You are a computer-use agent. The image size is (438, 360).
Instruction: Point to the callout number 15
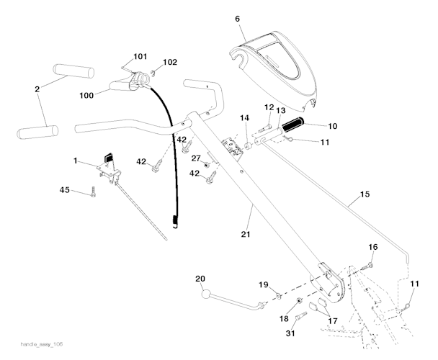[x=364, y=194]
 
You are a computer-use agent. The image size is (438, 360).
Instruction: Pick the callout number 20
[x=200, y=278]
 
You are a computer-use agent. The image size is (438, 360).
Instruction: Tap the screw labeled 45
[x=93, y=192]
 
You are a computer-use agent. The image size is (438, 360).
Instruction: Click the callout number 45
[x=64, y=190]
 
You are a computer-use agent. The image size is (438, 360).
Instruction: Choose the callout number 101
[x=139, y=55]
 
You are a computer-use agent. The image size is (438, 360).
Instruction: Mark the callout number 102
[x=169, y=62]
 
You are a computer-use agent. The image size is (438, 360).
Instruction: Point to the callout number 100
[x=86, y=94]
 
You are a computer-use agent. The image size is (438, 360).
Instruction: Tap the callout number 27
[x=196, y=158]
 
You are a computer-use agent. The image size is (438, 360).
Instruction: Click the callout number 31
[x=292, y=333]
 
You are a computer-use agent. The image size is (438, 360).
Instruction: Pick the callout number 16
[x=372, y=247]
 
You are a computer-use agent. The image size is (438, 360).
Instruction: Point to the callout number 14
[x=244, y=117]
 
